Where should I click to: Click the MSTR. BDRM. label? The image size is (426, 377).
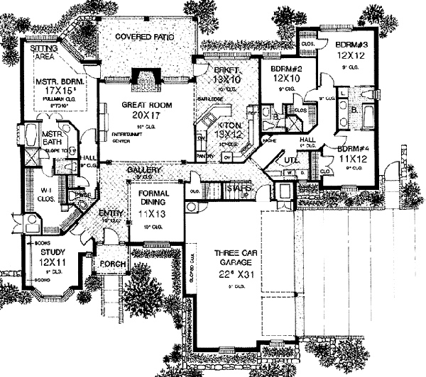coord(60,82)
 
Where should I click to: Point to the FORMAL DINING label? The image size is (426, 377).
coord(153,195)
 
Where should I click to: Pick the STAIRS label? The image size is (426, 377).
coord(236,188)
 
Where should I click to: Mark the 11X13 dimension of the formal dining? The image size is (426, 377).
coord(153,213)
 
